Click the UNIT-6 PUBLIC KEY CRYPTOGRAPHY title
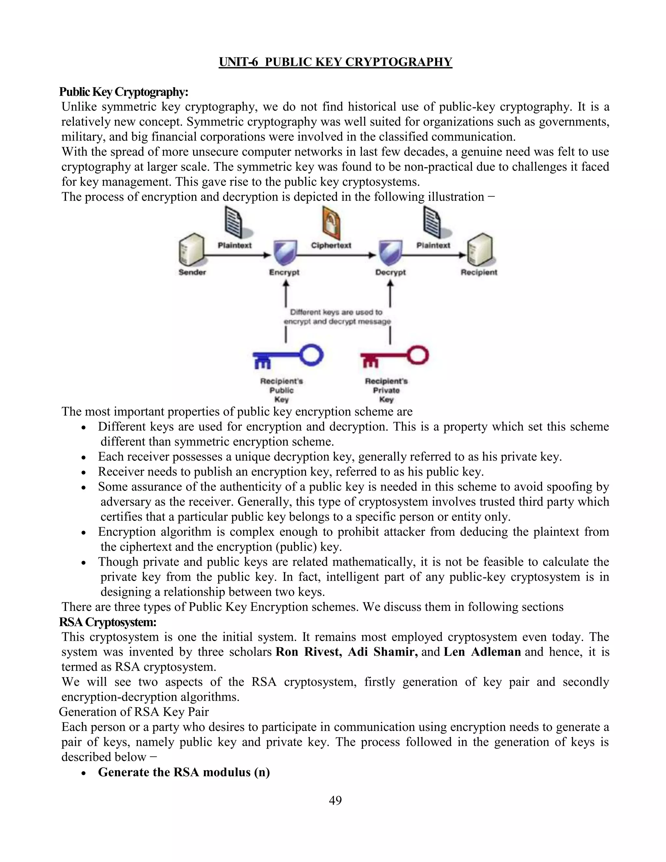pos(335,62)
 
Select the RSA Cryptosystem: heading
pos(108,622)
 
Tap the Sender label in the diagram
pos(192,272)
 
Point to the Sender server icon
pos(191,250)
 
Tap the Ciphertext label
pos(331,245)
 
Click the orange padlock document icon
pos(331,223)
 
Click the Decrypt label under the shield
pos(390,272)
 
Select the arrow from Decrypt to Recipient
pos(434,255)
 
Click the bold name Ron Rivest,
pos(309,652)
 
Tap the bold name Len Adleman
pos(482,652)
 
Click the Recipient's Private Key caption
pos(386,390)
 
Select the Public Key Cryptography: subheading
pos(124,92)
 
